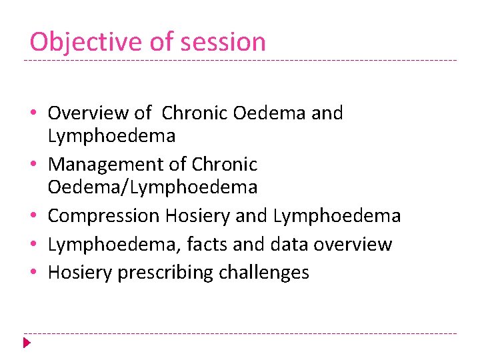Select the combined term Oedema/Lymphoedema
[153, 187]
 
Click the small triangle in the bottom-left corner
[26, 343]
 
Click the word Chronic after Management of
[224, 164]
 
